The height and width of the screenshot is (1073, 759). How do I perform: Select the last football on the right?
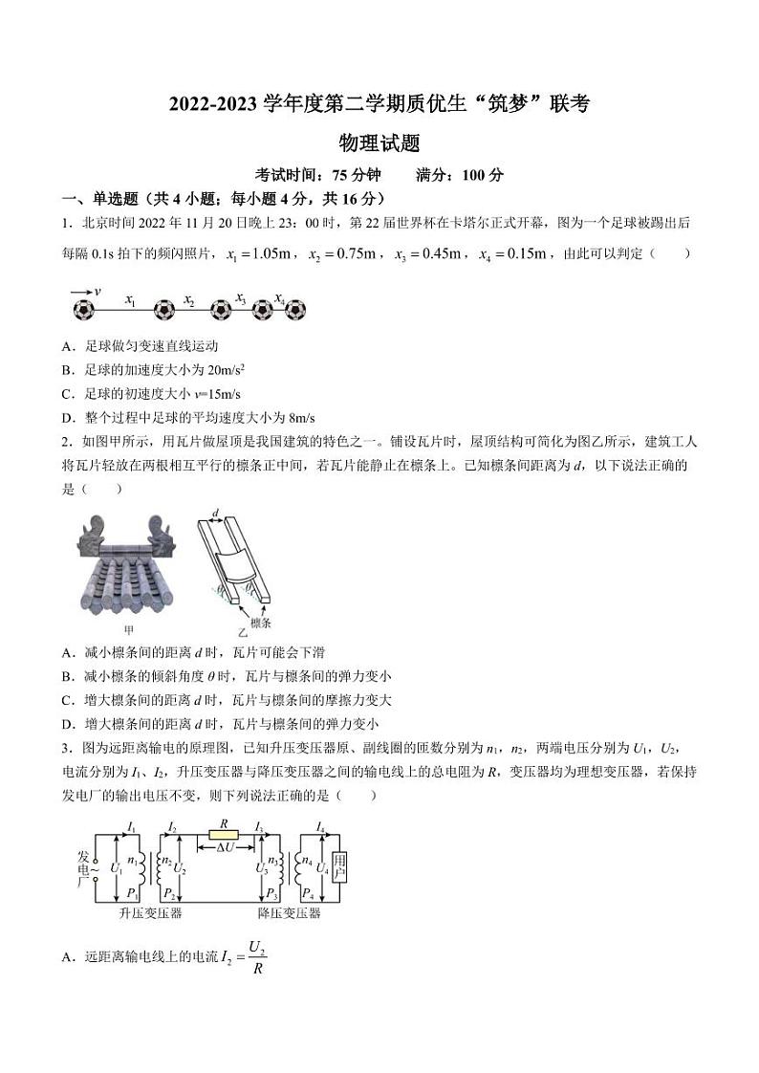pos(295,311)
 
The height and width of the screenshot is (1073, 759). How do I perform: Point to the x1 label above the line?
pos(131,300)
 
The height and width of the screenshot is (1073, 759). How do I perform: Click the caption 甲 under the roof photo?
pos(129,631)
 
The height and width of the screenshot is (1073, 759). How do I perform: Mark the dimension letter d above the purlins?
pos(217,515)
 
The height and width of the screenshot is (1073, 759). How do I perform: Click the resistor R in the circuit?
pos(223,835)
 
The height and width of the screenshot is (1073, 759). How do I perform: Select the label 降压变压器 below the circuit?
pos(290,913)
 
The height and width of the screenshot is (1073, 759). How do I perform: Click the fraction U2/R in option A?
pos(255,957)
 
